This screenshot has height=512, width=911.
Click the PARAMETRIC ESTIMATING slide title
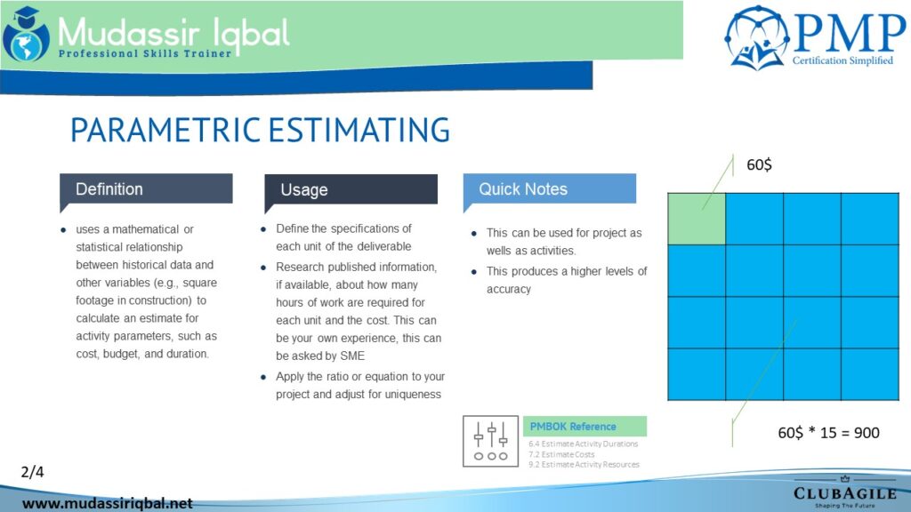pos(260,130)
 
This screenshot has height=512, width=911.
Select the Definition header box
pos(146,190)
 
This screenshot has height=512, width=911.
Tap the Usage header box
pos(351,190)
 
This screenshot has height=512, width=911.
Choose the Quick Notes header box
pos(550,189)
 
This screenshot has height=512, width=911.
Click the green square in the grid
pos(697,219)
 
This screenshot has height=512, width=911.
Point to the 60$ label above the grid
pos(760,164)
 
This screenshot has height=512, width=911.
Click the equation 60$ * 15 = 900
pos(828,433)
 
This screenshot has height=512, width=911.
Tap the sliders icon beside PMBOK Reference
pos(491,441)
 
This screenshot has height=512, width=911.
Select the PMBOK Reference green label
pos(584,426)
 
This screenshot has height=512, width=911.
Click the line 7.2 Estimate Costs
pos(561,454)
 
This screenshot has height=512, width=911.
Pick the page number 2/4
pos(33,472)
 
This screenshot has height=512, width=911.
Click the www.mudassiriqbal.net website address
pos(108,503)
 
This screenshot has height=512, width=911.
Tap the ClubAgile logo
pos(845,492)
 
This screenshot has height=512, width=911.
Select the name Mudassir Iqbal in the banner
pos(173,33)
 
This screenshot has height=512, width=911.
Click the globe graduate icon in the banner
pos(26,35)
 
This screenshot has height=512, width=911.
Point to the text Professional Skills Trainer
pos(145,54)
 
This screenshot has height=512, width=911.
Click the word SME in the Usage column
pos(352,356)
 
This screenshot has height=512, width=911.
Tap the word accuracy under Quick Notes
pos(509,289)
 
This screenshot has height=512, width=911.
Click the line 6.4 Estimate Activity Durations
pos(584,444)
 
